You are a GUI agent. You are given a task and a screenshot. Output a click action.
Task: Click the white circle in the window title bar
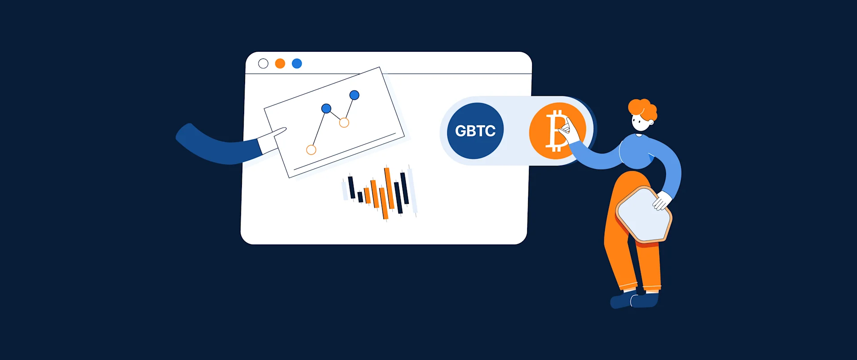(x=263, y=64)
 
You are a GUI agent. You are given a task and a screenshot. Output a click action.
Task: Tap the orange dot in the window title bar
(x=280, y=64)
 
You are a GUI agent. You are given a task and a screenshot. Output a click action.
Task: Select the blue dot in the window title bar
(x=297, y=64)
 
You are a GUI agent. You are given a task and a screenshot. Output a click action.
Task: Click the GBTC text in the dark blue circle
(x=475, y=131)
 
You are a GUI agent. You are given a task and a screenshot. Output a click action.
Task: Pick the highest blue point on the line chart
(x=354, y=95)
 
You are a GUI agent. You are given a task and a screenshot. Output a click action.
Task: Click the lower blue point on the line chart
(x=326, y=108)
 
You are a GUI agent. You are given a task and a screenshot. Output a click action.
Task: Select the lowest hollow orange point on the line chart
(x=311, y=150)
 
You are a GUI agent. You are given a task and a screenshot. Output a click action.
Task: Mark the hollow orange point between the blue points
(x=344, y=123)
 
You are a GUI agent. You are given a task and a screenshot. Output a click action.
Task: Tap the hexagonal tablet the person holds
(x=643, y=214)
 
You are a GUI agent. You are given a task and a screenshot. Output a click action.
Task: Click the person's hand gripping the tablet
(x=662, y=201)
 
